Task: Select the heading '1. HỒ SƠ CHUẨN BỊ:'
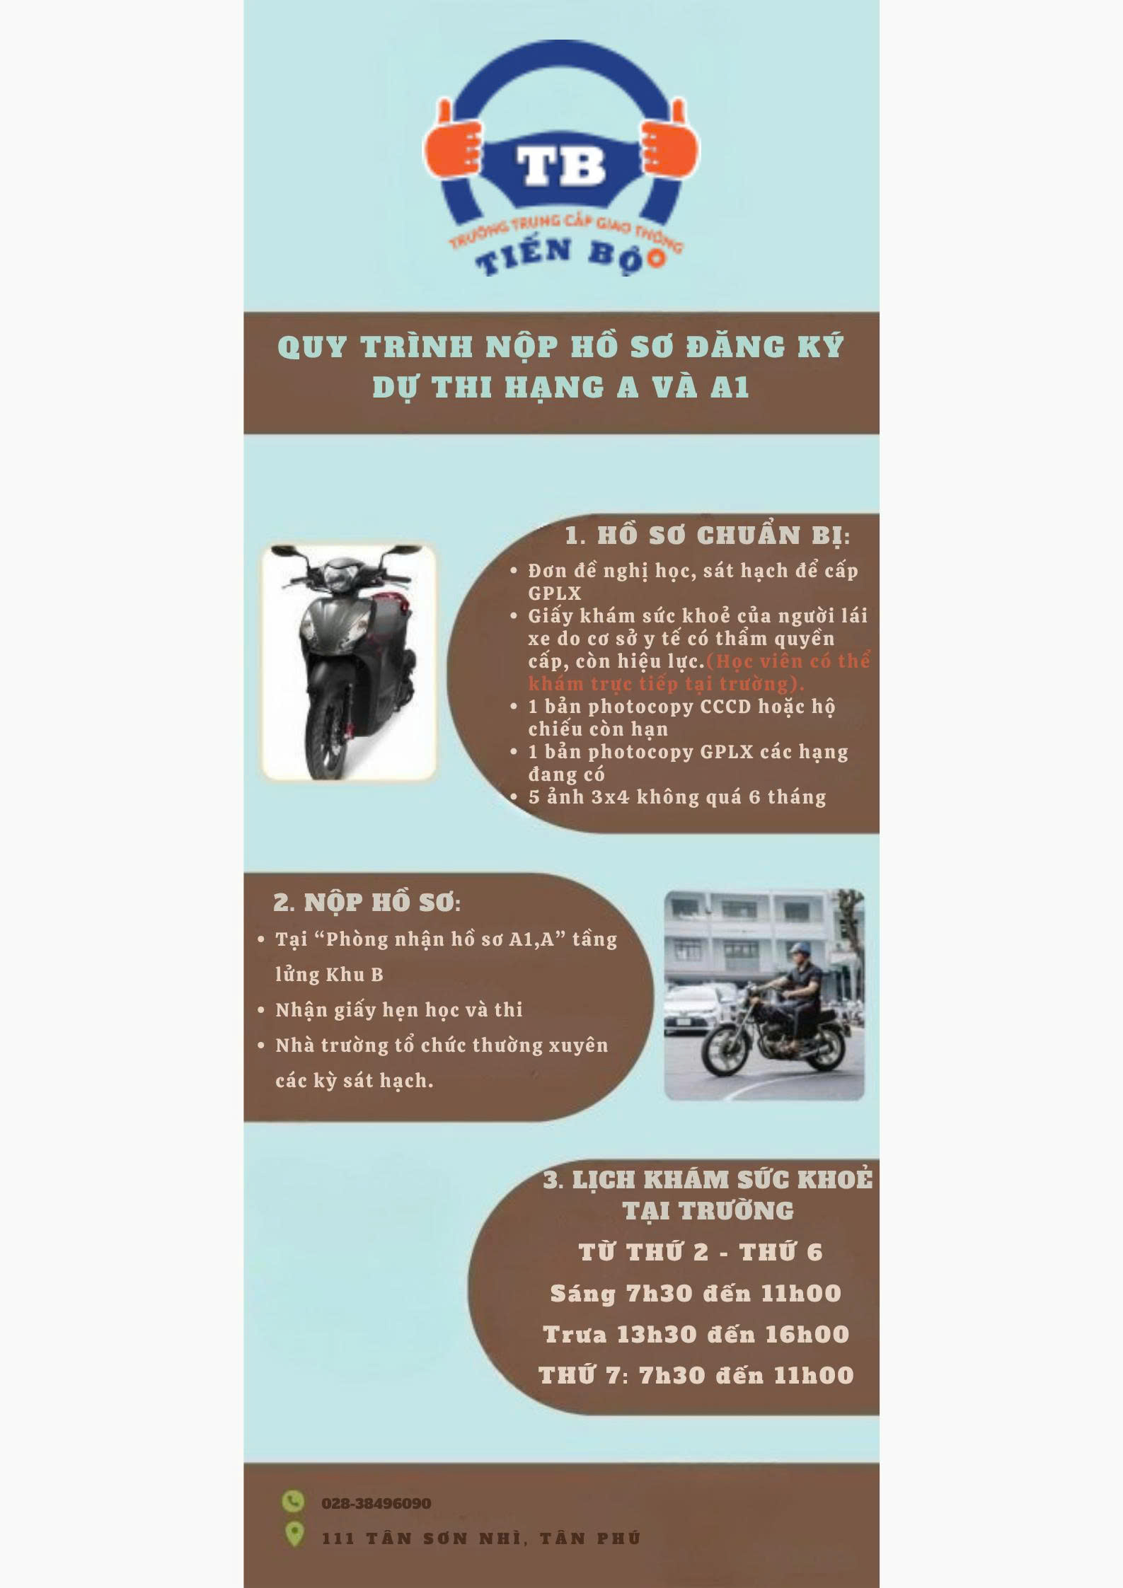[x=707, y=535]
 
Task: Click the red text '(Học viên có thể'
[x=788, y=661]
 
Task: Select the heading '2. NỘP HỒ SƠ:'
[x=367, y=903]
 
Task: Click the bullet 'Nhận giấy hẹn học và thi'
[x=399, y=1010]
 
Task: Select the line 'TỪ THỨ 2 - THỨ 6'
[x=701, y=1252]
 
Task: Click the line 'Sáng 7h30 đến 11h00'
[x=696, y=1293]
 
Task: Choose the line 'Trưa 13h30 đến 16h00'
[x=696, y=1334]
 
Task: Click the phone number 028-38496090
[x=376, y=1503]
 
